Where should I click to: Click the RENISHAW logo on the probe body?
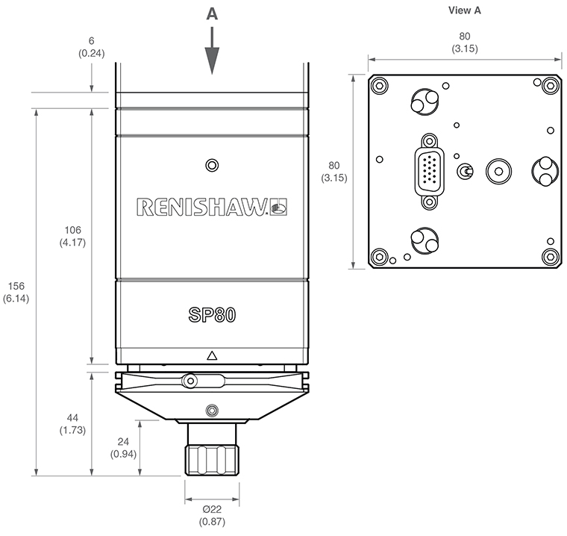pos(212,207)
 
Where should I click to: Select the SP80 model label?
pos(212,314)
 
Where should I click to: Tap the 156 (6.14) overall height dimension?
pos(16,292)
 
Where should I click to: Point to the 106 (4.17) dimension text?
pos(72,236)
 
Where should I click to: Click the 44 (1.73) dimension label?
pos(72,424)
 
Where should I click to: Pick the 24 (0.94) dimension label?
pos(123,448)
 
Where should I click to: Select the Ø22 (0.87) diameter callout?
pos(212,515)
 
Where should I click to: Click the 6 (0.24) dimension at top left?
pos(92,47)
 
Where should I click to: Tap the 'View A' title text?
pos(465,10)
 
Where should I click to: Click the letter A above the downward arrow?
pos(212,14)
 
